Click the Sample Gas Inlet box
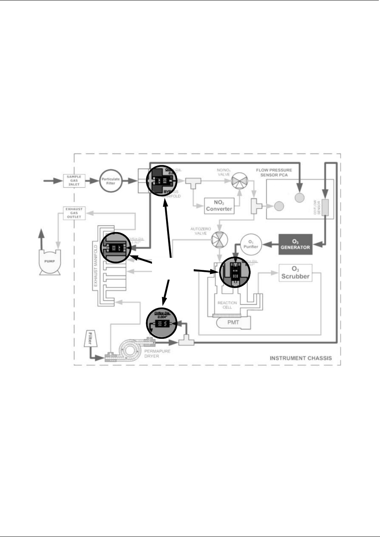[x=74, y=181]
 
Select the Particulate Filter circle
[x=111, y=181]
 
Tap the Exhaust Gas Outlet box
[x=74, y=213]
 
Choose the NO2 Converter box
[x=219, y=206]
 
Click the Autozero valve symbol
[x=219, y=239]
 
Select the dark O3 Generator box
[x=295, y=245]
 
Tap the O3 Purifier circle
[x=251, y=244]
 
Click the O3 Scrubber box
[x=295, y=273]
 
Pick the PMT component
[x=233, y=322]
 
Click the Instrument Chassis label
[x=301, y=358]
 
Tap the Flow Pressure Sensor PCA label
[x=274, y=173]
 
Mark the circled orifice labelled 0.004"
[x=161, y=323]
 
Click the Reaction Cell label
[x=227, y=305]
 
